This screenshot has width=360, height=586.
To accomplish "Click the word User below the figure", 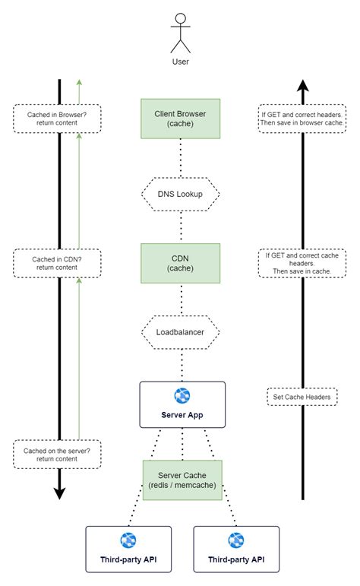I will point(180,62).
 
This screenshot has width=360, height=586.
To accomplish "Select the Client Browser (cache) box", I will point(181,119).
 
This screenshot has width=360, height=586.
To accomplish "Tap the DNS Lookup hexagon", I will point(181,195).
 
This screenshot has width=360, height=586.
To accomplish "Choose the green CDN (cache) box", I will point(181,263).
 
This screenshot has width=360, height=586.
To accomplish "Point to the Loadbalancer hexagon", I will point(181,332).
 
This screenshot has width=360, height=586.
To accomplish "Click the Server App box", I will point(182,404).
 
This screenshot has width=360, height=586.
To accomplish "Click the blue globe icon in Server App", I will point(182,395).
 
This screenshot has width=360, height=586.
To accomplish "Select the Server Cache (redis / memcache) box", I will point(181,480).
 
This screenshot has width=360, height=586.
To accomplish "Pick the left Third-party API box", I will point(128,549).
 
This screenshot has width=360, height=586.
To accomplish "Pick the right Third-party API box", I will point(235,549).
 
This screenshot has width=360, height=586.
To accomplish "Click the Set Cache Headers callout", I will point(302,396).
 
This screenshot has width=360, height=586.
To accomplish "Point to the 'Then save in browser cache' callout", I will point(302,118).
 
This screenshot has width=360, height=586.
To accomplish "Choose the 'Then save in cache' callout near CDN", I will point(302,263).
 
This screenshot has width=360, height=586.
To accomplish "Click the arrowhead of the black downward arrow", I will point(59,493).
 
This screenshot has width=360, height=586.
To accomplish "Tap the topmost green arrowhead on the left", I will point(79,82).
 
